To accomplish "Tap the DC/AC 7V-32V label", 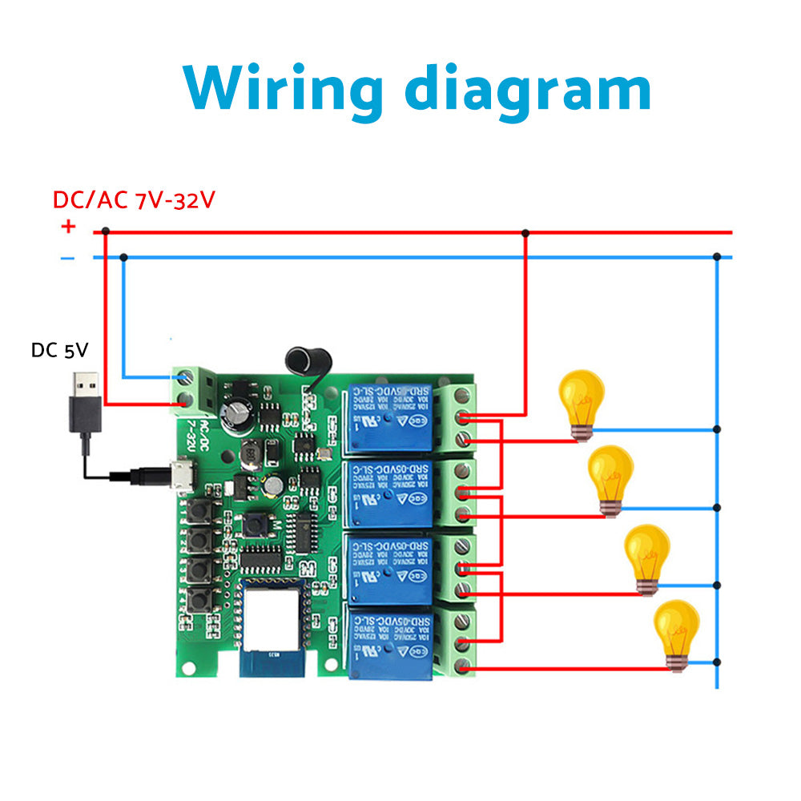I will tap(134, 199).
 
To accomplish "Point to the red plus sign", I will tap(68, 227).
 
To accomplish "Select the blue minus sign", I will tap(68, 258).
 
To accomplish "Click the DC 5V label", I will tap(59, 350).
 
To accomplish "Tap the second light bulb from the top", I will tap(610, 479).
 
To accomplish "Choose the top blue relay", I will tap(389, 419).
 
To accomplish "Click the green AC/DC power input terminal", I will tap(189, 388).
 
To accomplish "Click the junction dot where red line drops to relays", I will tap(525, 233).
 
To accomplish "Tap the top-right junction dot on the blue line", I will tap(717, 257).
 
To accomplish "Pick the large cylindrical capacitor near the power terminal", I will tap(239, 414).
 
